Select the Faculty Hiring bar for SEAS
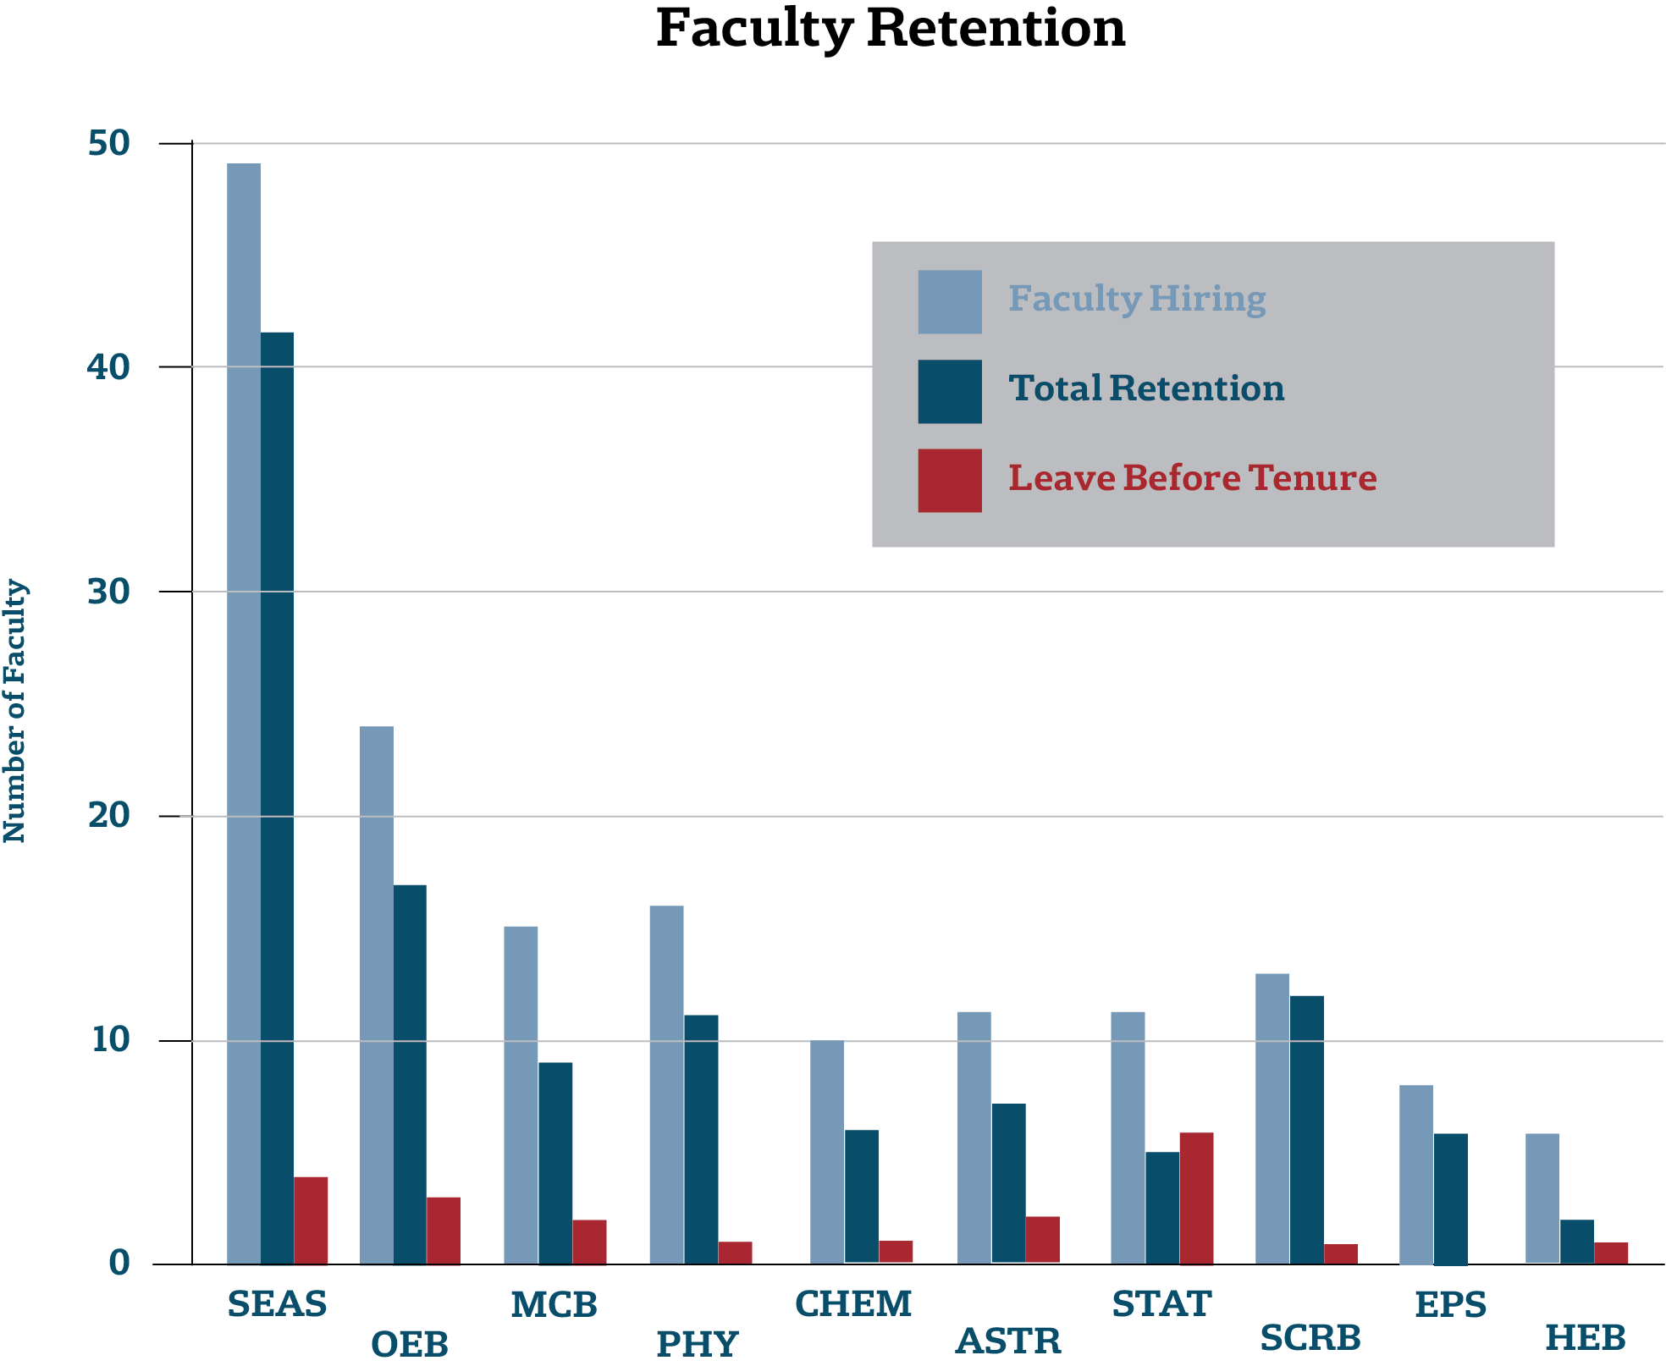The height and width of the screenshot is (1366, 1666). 244,713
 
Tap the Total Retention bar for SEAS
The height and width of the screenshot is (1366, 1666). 277,798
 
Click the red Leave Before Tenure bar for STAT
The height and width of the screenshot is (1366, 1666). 1196,1198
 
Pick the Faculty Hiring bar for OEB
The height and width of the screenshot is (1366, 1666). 377,995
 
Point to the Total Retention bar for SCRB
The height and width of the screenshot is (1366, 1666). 1307,1130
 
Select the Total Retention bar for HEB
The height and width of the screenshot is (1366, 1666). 1577,1242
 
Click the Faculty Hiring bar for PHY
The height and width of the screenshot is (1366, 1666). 667,1085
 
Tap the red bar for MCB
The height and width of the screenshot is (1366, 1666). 589,1242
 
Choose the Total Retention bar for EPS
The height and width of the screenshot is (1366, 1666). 1451,1199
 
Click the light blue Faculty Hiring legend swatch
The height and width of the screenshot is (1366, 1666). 950,302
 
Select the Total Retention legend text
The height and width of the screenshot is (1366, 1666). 1146,388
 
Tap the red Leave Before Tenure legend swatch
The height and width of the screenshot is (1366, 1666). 950,481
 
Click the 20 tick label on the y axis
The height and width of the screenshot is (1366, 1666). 109,816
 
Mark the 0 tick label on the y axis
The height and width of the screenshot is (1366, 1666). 119,1264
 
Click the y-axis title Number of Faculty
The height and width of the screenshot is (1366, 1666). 15,711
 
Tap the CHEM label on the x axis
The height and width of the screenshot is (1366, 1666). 853,1304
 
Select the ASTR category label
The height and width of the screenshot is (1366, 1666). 1008,1341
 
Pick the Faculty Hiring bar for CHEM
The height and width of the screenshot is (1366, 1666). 827,1152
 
